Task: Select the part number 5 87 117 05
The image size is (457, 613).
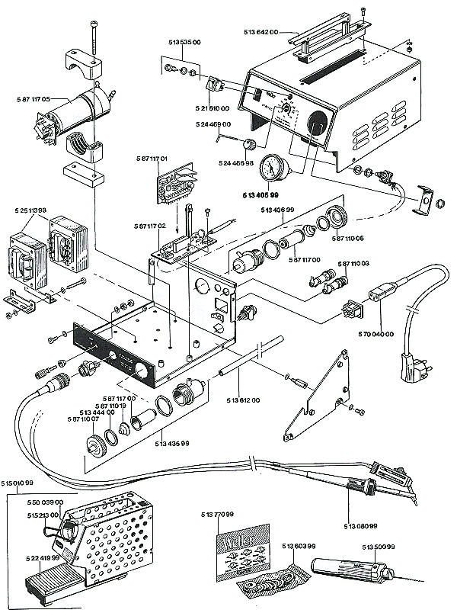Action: [x=35, y=99]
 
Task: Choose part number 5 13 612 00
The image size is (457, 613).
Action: [x=243, y=400]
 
